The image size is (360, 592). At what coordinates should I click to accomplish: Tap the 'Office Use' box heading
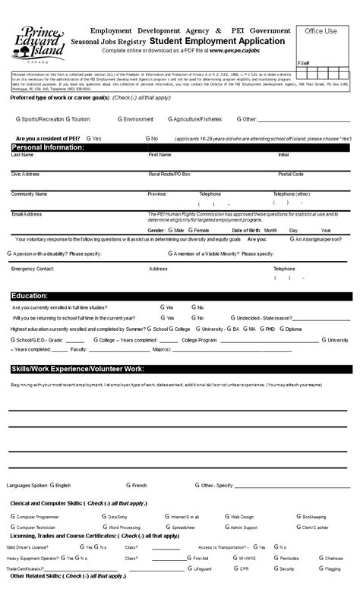[x=321, y=31]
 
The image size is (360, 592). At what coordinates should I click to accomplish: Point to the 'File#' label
[x=304, y=63]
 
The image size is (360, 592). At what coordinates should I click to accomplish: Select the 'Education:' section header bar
[x=30, y=295]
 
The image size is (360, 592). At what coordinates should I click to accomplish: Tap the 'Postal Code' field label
[x=291, y=174]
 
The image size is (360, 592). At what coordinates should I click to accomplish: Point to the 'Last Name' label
[x=22, y=154]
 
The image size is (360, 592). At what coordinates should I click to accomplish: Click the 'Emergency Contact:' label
[x=33, y=269]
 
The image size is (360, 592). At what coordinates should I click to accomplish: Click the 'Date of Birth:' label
[x=247, y=230]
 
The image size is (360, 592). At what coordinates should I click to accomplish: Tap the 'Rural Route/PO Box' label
[x=169, y=174]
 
